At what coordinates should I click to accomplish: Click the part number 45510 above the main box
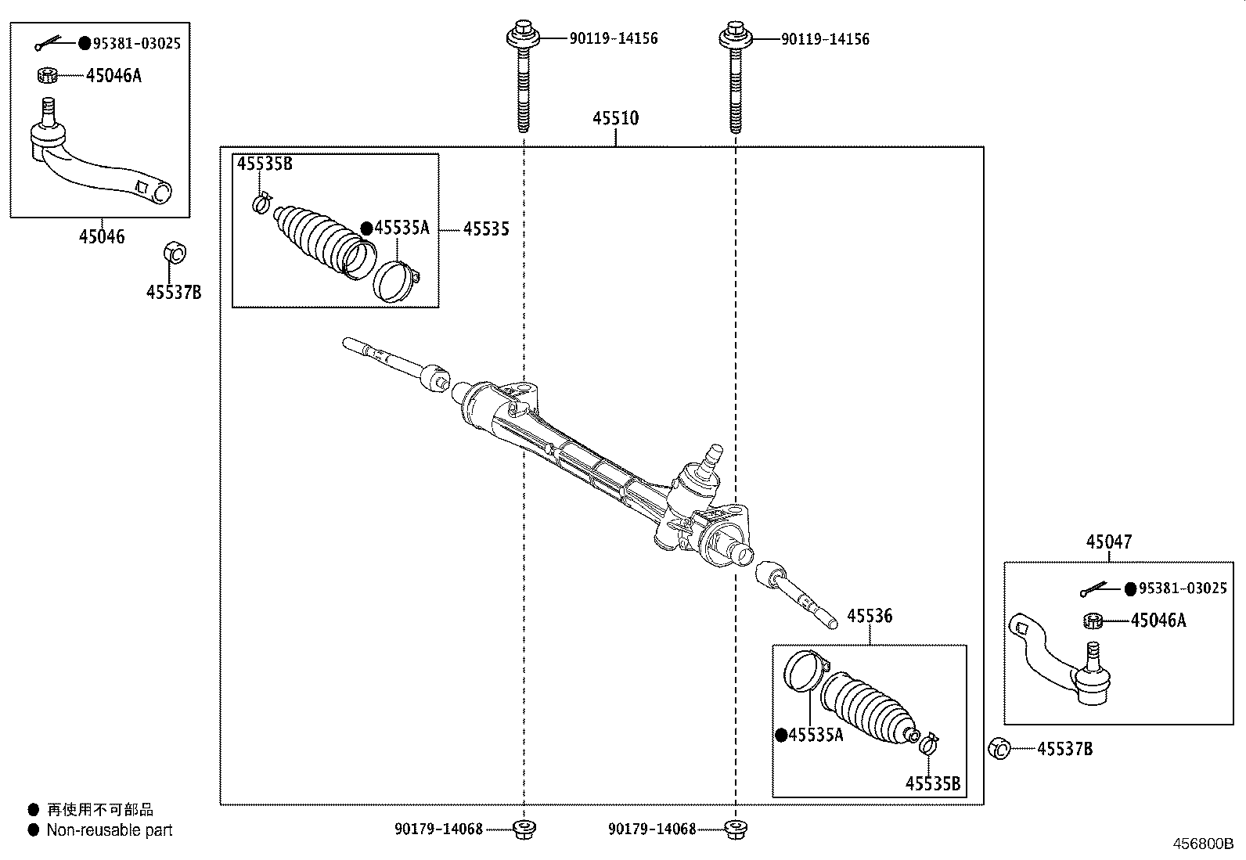615,118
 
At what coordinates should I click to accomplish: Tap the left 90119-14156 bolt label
613,38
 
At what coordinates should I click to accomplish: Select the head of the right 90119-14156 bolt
734,35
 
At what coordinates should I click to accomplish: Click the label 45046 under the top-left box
101,236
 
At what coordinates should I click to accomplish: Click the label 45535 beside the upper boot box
486,228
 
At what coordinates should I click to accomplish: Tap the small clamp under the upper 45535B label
261,203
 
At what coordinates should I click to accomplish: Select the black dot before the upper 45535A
366,228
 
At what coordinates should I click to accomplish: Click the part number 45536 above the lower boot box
869,616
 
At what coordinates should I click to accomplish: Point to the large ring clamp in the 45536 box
805,671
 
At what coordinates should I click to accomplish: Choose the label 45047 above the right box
1108,542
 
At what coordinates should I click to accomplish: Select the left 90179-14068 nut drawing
523,829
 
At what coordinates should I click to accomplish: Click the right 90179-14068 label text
651,829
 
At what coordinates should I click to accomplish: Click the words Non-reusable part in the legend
109,830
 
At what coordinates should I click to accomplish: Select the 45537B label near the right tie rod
1064,749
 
